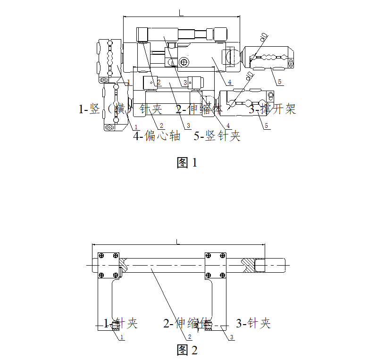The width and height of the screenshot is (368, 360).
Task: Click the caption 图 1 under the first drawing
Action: click(x=187, y=163)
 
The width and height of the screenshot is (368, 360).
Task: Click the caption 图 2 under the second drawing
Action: click(x=187, y=350)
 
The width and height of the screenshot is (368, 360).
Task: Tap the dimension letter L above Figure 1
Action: click(x=181, y=13)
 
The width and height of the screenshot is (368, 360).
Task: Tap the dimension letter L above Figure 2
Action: click(x=178, y=242)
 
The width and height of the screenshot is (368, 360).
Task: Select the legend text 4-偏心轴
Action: click(x=157, y=136)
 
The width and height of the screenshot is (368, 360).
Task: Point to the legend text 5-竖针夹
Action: click(x=217, y=136)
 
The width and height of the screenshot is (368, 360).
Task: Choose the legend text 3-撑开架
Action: click(x=272, y=109)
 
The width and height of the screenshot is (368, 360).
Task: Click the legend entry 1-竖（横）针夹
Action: click(x=120, y=109)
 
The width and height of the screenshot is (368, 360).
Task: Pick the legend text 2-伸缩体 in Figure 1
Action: click(x=199, y=109)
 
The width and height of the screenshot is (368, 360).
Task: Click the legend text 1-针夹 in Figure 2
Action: click(x=121, y=323)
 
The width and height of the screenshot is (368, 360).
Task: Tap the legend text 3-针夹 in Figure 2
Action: click(x=253, y=323)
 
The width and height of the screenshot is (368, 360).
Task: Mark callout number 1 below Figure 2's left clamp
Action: click(x=122, y=337)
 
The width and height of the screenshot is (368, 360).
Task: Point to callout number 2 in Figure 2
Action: click(x=190, y=337)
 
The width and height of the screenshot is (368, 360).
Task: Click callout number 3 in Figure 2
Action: click(x=232, y=337)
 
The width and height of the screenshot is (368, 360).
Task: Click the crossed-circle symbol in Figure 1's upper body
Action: click(x=184, y=61)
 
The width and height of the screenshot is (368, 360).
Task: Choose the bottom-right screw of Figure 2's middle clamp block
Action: click(x=223, y=275)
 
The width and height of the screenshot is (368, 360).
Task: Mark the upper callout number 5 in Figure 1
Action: click(x=279, y=82)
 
